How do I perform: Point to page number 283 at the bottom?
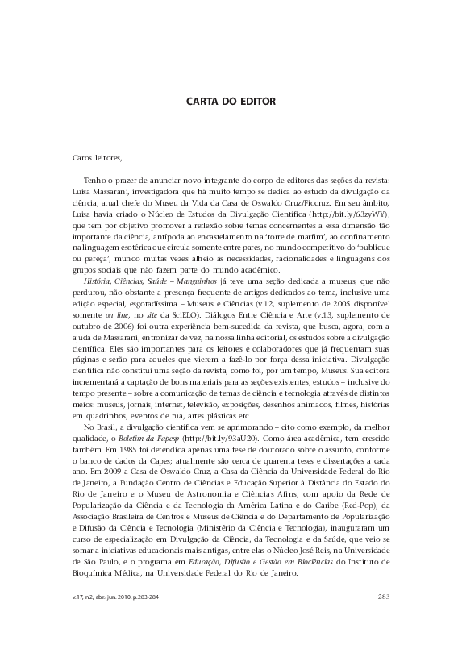[384, 596]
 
